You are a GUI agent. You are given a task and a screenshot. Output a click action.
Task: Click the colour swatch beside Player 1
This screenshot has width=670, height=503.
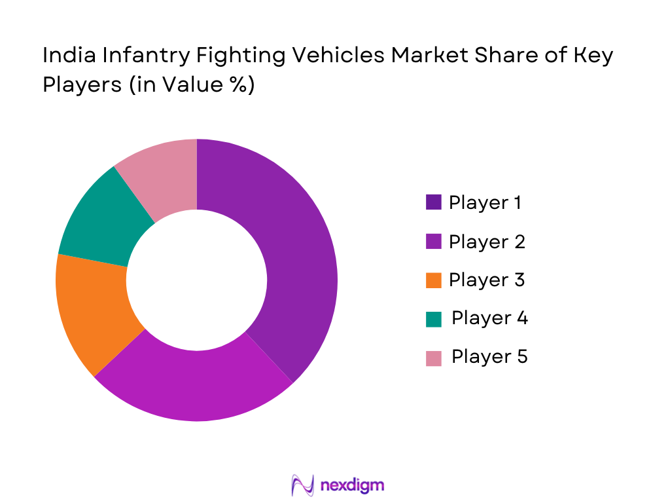point(433,203)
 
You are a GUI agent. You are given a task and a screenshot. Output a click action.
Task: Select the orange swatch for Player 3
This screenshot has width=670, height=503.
point(433,280)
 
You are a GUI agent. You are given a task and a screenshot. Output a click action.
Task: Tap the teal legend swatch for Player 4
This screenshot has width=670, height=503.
point(433,319)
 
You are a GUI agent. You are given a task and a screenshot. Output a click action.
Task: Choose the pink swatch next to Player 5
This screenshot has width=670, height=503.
point(433,358)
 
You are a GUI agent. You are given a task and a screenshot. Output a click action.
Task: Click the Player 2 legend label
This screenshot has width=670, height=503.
point(486,242)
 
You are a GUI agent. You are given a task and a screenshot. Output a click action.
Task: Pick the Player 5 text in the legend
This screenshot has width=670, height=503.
point(489,357)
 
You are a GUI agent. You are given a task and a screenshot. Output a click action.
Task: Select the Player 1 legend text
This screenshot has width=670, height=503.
point(485,203)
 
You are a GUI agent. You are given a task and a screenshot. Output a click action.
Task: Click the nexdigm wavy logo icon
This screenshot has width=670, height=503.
point(303,485)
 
